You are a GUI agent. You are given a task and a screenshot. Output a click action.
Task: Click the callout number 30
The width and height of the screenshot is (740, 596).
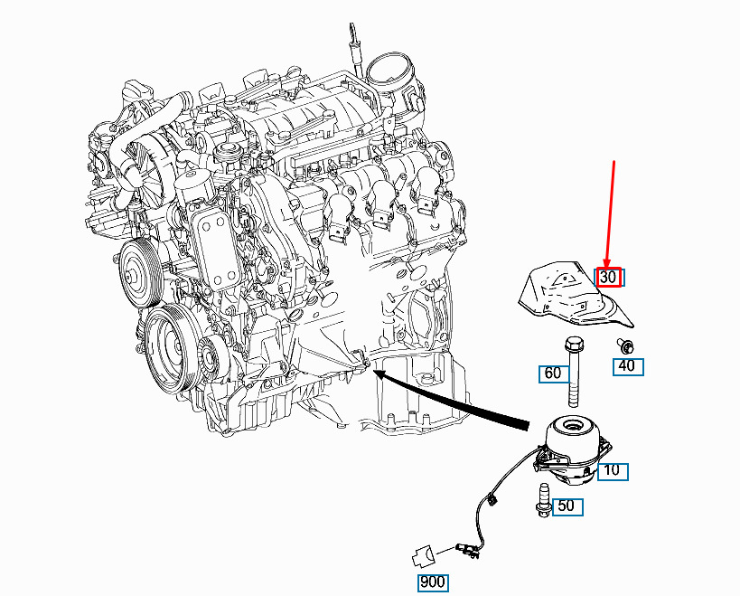tap(608, 277)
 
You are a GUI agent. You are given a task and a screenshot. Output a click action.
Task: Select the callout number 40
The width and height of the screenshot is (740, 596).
tap(627, 366)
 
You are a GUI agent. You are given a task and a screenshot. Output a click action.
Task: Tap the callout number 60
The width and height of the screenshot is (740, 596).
tap(553, 374)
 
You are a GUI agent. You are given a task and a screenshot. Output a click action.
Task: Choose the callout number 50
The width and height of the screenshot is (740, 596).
tap(567, 506)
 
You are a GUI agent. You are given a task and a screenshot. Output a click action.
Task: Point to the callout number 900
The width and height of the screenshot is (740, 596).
tap(432, 582)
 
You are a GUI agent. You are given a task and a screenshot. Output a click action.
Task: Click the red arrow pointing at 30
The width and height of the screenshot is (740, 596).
tap(610, 216)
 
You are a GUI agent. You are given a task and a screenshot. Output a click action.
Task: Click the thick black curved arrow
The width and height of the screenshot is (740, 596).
tap(451, 399)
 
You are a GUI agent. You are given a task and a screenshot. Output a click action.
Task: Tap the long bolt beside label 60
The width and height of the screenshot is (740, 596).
tap(573, 371)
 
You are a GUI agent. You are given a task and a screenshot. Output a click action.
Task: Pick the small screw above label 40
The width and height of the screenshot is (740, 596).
tap(626, 346)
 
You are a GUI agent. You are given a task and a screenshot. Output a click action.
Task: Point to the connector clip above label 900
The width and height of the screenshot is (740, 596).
tap(423, 555)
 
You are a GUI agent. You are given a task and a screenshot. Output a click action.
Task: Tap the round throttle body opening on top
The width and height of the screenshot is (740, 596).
tap(389, 71)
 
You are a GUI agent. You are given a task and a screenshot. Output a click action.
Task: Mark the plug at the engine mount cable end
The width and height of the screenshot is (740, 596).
tap(467, 550)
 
